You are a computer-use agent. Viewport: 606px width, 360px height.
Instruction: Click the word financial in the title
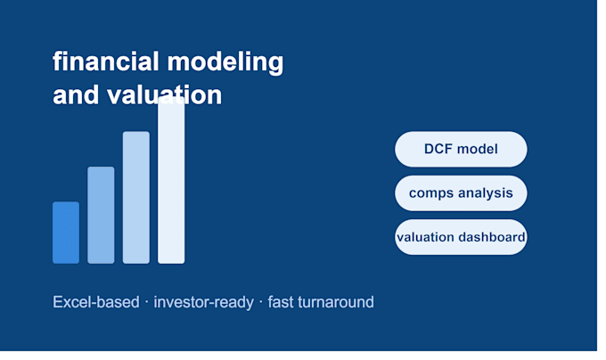(106, 61)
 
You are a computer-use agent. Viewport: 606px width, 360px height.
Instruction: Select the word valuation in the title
(164, 94)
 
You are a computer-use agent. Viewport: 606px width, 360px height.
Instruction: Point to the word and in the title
(76, 94)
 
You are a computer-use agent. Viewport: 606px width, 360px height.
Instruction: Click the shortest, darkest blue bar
(66, 233)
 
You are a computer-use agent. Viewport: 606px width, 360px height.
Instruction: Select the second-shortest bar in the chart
(101, 215)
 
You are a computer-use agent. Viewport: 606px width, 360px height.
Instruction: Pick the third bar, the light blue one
(136, 198)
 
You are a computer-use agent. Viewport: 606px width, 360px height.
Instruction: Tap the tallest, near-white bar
(171, 180)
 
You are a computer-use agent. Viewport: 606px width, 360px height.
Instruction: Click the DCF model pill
(461, 149)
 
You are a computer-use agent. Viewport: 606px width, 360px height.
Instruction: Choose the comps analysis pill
(461, 193)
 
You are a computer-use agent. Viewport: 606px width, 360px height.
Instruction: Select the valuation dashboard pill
(461, 237)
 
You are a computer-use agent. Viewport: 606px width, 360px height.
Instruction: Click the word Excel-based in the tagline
(96, 302)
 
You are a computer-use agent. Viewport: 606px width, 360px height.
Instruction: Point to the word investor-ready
(204, 302)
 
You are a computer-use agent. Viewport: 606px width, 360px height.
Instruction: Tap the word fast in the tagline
(281, 302)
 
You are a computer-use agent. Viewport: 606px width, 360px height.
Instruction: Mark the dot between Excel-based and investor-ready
(146, 302)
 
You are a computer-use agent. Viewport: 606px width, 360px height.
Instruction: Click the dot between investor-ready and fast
(261, 302)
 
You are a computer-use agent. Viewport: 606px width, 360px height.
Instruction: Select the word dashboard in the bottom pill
(493, 237)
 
